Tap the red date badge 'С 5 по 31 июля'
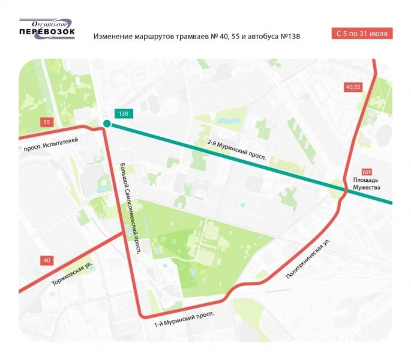(x=362, y=34)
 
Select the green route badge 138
(x=124, y=113)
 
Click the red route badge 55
(x=47, y=122)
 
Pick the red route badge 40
(x=47, y=260)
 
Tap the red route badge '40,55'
(x=353, y=87)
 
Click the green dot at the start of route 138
(x=107, y=124)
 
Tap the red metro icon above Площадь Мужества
(x=367, y=172)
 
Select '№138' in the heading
(x=289, y=37)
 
